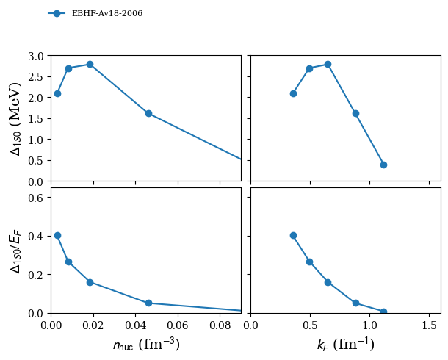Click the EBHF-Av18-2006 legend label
click(107, 13)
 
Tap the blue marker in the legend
click(57, 13)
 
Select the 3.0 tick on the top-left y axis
click(37, 56)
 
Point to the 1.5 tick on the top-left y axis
click(37, 118)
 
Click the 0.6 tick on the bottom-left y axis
click(37, 197)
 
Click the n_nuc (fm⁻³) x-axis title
click(145, 345)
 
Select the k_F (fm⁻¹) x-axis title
click(345, 345)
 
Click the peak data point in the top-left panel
click(90, 64)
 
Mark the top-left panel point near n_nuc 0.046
click(148, 113)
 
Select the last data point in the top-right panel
click(383, 165)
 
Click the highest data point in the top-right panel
click(328, 64)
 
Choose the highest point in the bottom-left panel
click(57, 235)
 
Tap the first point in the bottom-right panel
click(293, 235)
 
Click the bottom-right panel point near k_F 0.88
click(355, 303)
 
